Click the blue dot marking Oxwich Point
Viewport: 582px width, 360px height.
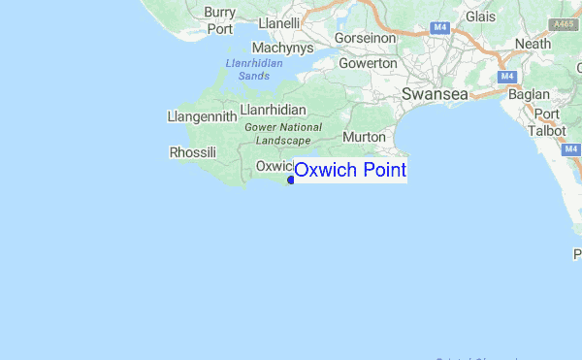pos(291,180)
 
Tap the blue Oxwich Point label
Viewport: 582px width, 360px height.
pos(350,171)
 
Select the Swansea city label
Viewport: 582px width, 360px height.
pos(435,94)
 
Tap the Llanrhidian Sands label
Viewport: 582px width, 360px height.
pos(253,69)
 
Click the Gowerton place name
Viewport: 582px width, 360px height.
pos(368,63)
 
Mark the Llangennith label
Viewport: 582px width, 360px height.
pos(202,116)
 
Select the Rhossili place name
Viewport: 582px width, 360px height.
pos(193,152)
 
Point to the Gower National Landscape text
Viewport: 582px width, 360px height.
pos(283,133)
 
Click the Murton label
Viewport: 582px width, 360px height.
pos(364,137)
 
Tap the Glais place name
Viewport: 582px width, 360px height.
pos(480,17)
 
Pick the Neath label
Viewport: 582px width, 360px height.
pos(533,44)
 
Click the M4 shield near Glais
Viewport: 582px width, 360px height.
pos(440,27)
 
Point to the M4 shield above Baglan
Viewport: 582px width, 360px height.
pos(506,77)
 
